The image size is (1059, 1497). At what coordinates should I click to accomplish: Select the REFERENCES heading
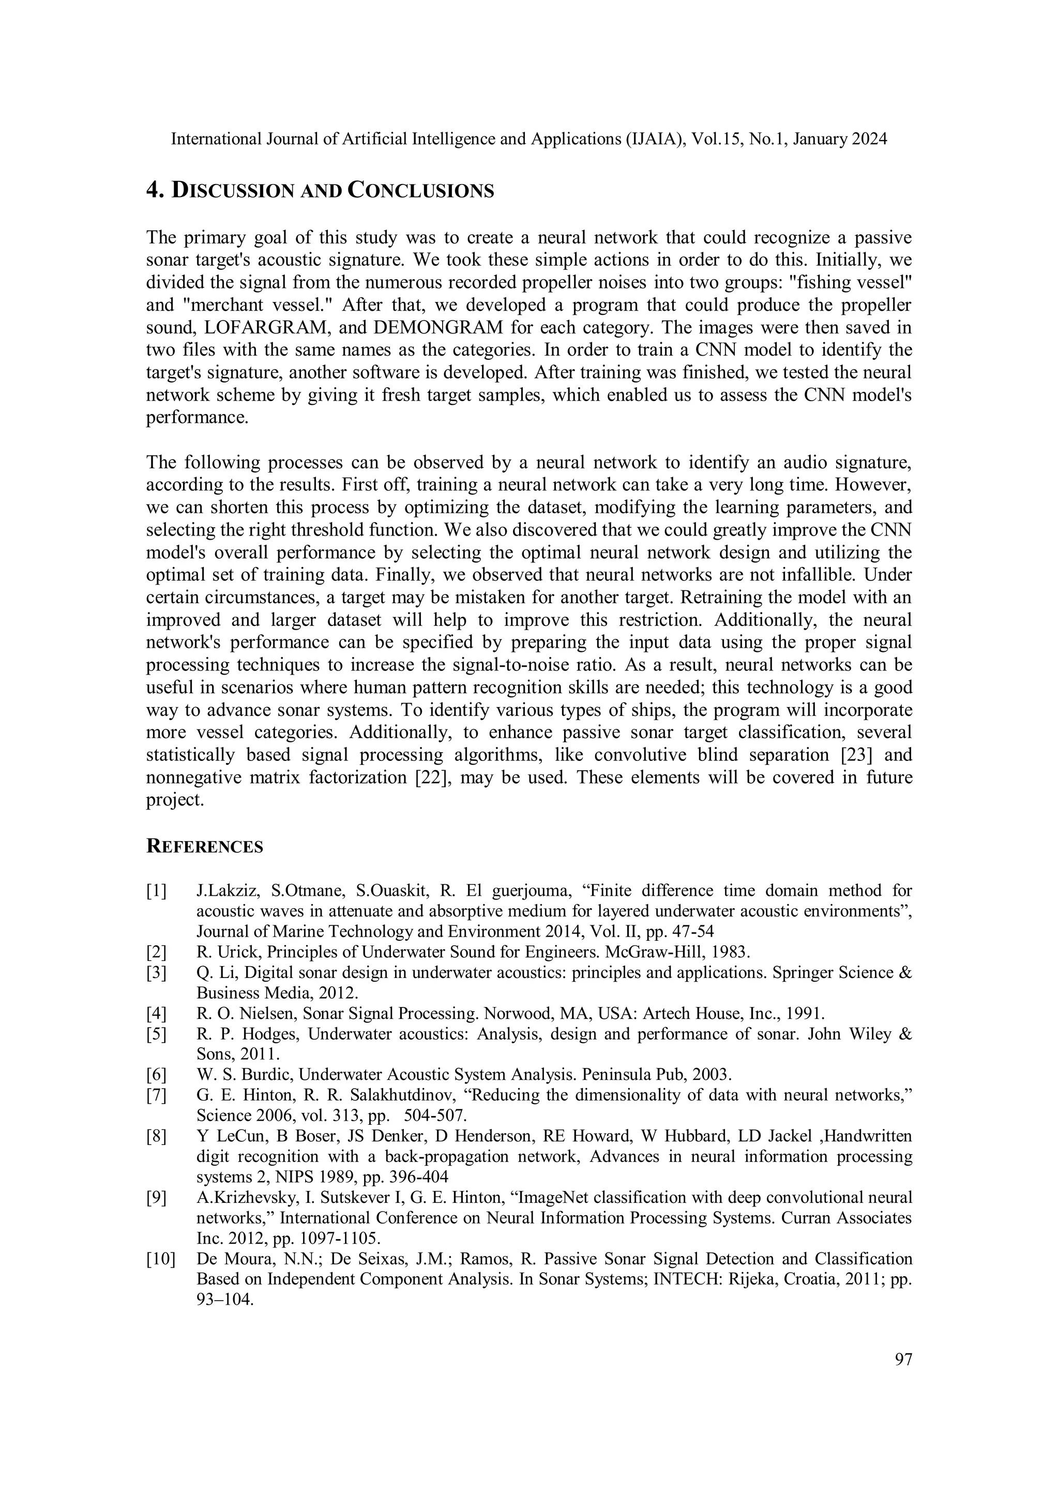point(204,846)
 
